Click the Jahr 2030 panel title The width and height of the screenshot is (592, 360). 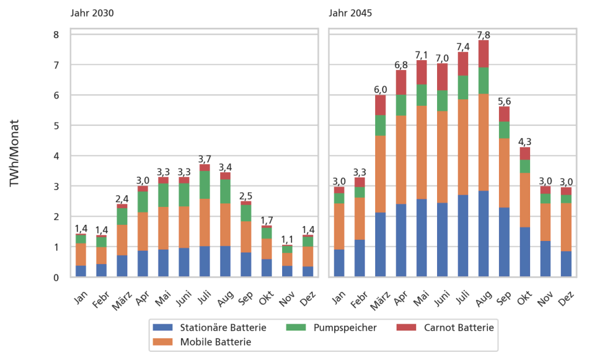92,13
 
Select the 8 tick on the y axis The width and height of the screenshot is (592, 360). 56,35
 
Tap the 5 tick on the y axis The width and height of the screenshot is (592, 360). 56,125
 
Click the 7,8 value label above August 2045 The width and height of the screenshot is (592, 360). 483,35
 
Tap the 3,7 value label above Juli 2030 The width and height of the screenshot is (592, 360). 205,159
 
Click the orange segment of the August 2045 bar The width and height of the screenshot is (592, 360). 483,142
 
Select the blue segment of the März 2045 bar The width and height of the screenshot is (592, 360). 380,245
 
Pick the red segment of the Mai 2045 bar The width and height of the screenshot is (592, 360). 421,72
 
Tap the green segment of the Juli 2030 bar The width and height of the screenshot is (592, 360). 205,185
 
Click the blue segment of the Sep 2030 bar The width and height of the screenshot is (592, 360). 246,265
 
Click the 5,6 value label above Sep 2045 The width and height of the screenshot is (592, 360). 504,102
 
